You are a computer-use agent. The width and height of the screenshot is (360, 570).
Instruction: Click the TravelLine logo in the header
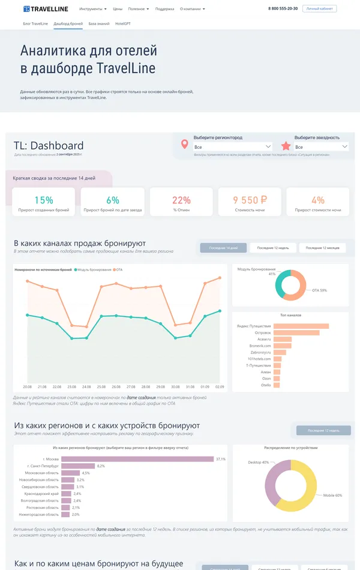(x=46, y=9)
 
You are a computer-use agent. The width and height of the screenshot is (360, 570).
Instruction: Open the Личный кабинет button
(x=320, y=9)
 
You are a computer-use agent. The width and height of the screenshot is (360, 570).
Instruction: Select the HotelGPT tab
(x=124, y=23)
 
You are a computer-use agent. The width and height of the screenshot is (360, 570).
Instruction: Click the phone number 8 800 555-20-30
(x=283, y=9)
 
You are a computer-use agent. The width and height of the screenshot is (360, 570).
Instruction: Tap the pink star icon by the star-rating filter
(x=286, y=146)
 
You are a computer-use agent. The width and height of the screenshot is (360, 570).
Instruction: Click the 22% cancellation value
(x=181, y=200)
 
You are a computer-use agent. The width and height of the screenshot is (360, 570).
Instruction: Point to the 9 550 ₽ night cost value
(x=250, y=200)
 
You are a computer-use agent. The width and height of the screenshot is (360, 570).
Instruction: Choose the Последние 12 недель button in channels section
(x=273, y=248)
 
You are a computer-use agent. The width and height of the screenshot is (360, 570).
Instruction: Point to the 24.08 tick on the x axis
(x=86, y=386)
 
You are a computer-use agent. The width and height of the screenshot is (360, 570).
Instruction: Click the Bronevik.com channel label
(x=260, y=346)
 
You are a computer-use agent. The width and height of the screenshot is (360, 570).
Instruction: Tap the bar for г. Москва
(x=137, y=459)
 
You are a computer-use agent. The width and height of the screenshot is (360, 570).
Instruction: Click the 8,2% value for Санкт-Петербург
(x=101, y=466)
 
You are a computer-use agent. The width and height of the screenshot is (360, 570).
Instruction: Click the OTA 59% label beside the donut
(x=320, y=290)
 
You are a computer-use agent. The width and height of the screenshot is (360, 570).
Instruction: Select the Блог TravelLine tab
(x=35, y=23)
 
